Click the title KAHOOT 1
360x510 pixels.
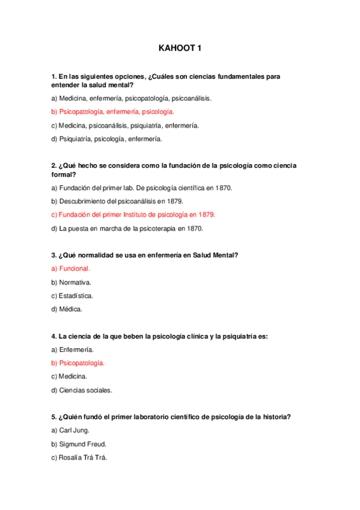(180, 49)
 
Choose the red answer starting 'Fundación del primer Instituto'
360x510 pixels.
(133, 215)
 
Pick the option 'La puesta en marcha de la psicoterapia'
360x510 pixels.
(127, 229)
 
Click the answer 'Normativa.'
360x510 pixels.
(72, 282)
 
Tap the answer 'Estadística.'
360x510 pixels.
(73, 296)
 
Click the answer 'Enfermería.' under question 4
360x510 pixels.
(73, 349)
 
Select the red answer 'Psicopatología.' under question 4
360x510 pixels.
(78, 363)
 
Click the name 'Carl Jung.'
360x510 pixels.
(72, 431)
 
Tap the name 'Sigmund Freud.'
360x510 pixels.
(79, 444)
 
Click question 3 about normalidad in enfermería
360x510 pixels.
(145, 255)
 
